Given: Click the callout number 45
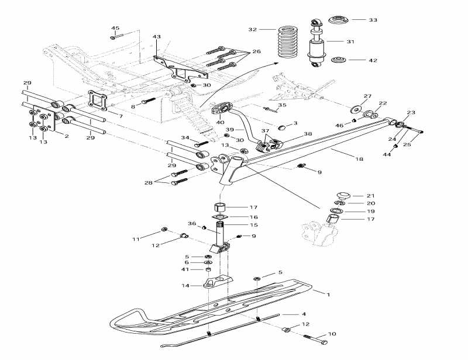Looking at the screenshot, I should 115,29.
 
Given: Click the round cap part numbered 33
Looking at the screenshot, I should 339,20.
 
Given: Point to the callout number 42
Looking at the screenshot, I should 373,60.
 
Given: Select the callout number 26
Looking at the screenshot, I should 256,52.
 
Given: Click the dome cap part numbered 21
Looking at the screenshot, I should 342,195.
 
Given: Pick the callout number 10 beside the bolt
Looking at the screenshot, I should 332,334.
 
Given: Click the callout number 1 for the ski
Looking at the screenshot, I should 328,295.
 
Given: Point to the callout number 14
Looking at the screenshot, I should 185,286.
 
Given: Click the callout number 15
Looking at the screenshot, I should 254,225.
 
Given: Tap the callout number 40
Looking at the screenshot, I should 220,122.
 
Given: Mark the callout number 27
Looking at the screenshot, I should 367,96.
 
